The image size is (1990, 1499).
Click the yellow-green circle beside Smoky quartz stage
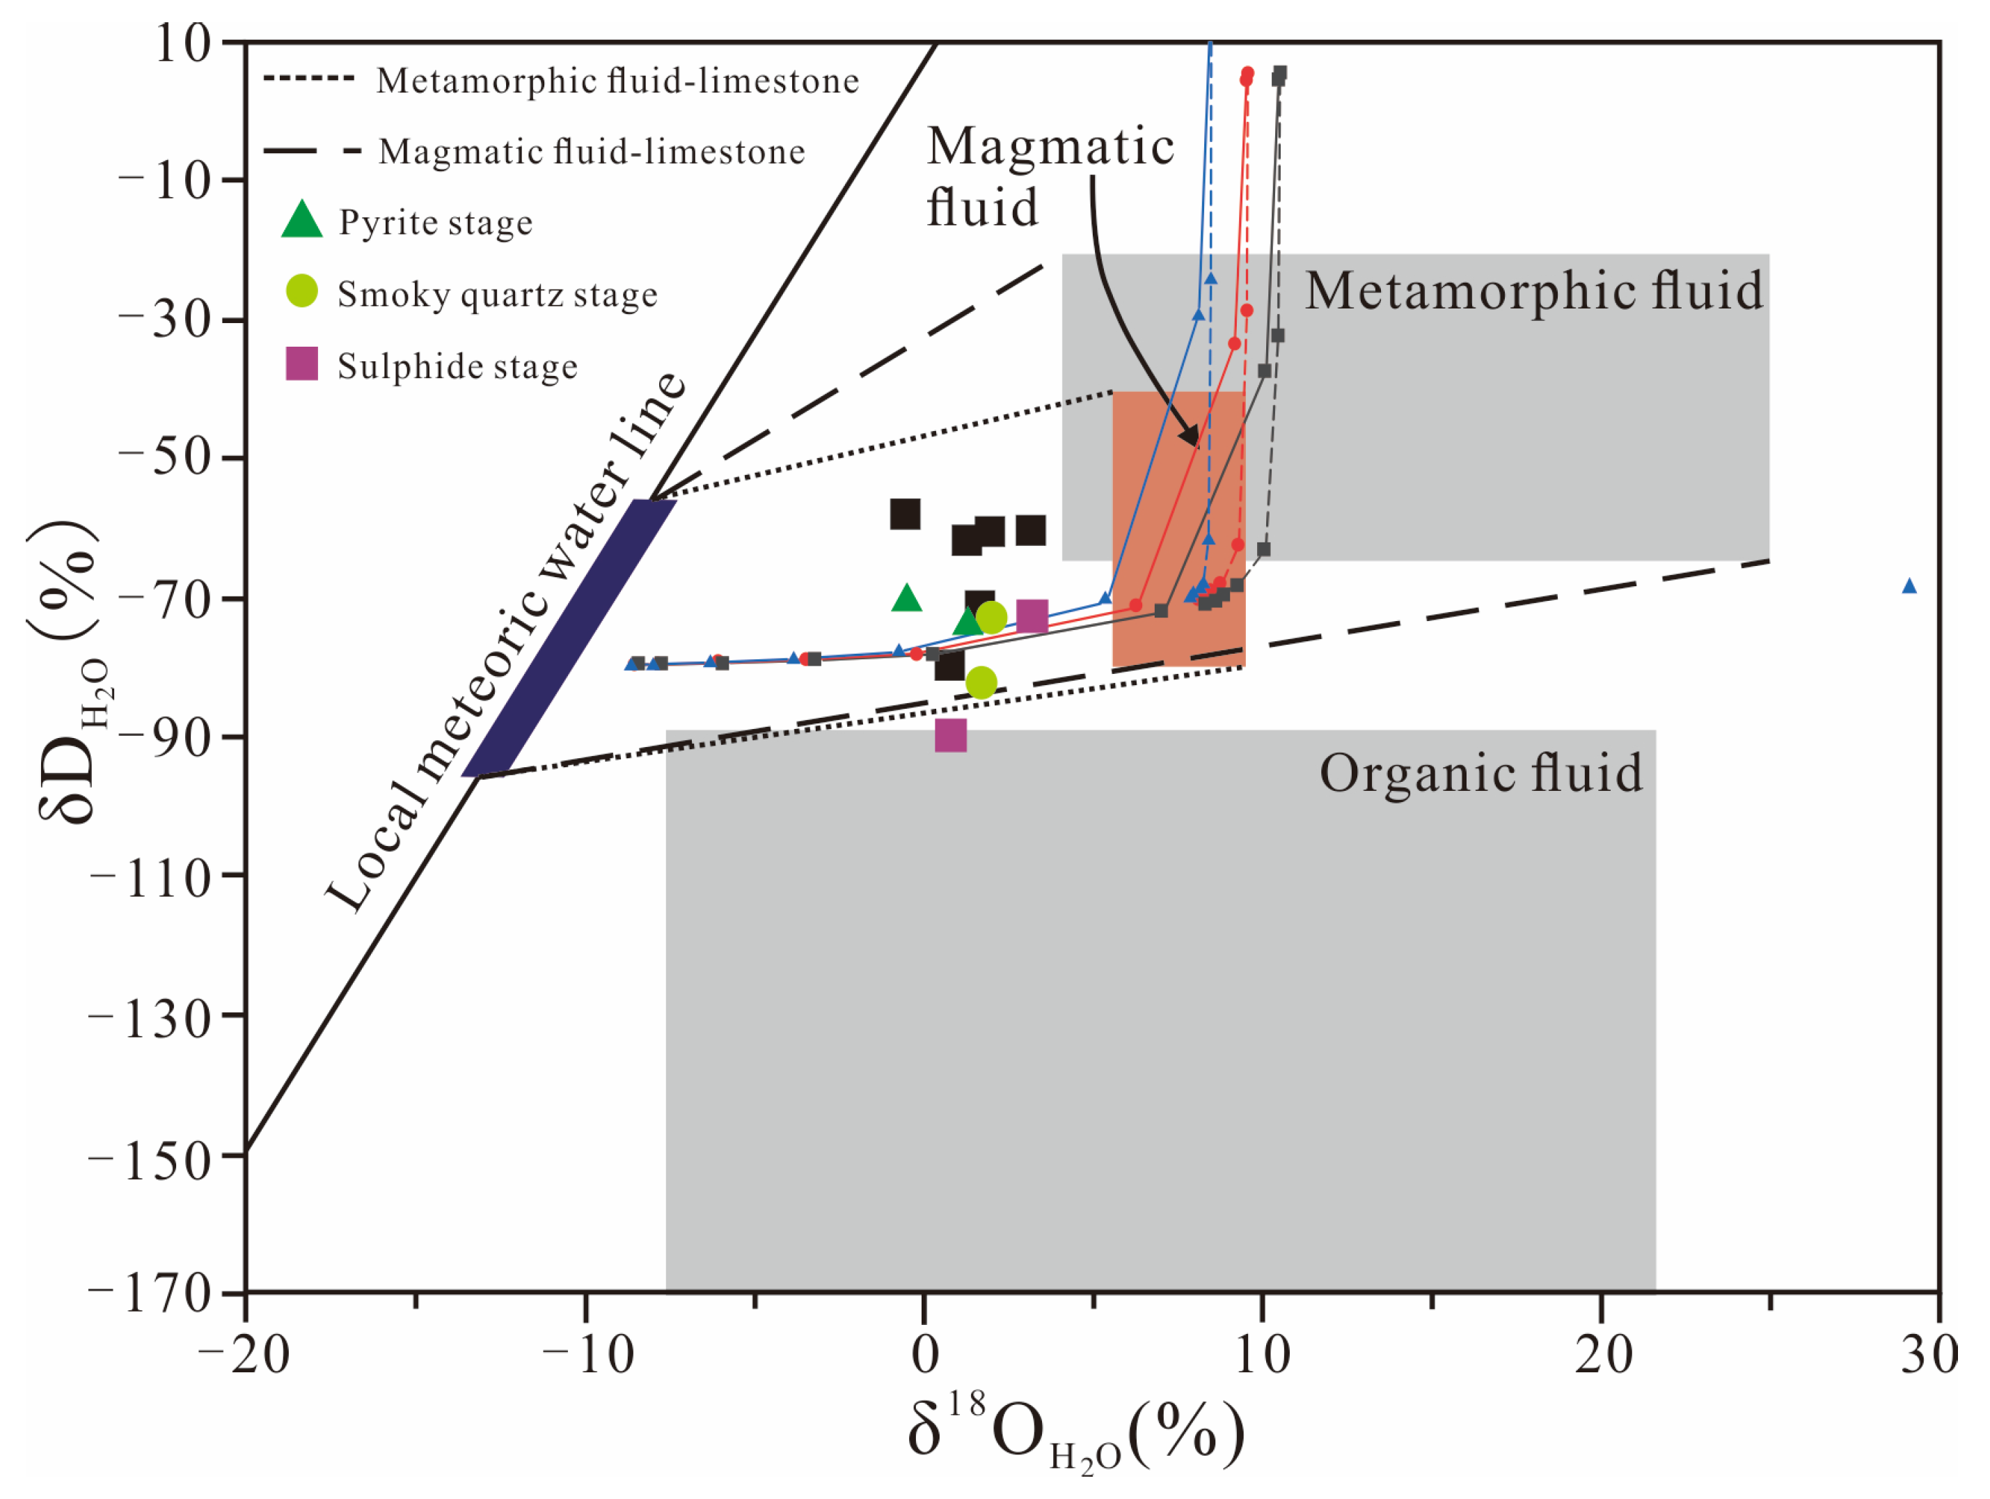[301, 290]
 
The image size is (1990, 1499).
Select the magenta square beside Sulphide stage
[301, 363]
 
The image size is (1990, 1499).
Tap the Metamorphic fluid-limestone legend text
[617, 81]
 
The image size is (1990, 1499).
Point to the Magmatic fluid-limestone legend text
[592, 151]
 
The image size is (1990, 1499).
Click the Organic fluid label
[1480, 773]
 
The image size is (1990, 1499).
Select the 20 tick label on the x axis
[1602, 1354]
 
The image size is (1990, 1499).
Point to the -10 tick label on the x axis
[587, 1354]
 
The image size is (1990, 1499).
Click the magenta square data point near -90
[951, 735]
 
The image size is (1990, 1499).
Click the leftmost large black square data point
[905, 514]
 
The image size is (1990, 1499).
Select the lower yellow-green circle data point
[981, 683]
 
